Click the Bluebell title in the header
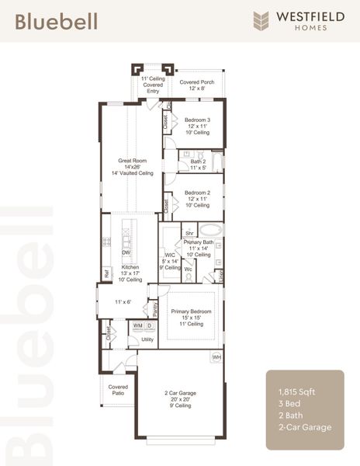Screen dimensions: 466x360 point(56,21)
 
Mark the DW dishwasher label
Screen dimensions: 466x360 point(126,252)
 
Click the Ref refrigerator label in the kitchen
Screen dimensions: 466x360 point(107,273)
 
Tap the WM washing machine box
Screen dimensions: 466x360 point(137,326)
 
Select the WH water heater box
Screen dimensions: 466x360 point(216,356)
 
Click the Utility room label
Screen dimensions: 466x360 point(147,339)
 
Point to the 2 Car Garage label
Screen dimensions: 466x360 point(178,398)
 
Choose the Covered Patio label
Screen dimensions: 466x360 point(118,389)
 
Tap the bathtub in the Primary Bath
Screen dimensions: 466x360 point(209,231)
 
